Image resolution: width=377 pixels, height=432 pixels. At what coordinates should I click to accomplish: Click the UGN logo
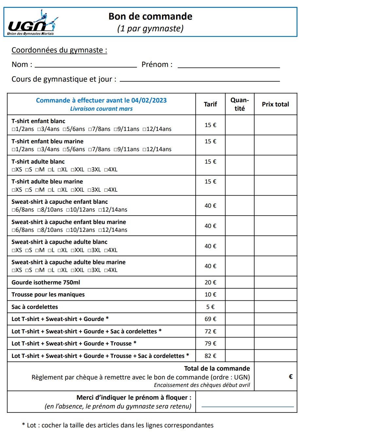tap(32, 23)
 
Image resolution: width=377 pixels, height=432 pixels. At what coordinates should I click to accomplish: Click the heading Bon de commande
tap(150, 16)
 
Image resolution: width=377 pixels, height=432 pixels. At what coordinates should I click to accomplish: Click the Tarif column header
tap(210, 104)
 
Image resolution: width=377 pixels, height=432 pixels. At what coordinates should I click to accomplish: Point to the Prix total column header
tap(275, 104)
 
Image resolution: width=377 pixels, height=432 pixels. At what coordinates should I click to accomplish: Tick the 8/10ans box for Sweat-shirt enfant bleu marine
tap(39, 230)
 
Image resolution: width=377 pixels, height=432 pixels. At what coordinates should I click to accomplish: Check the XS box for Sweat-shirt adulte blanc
tap(14, 250)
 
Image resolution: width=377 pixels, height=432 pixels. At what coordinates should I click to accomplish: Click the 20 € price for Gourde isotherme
tap(210, 282)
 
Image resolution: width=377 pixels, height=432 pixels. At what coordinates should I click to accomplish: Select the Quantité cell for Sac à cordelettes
tap(240, 307)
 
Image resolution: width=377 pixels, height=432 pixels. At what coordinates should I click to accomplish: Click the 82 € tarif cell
tap(210, 356)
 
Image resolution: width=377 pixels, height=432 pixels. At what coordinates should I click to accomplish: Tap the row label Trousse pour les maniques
tap(48, 295)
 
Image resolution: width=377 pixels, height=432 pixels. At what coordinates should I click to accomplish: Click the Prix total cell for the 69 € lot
tap(275, 319)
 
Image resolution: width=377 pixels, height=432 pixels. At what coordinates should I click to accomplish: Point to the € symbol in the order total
tap(291, 377)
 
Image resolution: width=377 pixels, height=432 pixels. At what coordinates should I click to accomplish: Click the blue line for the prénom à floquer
tap(247, 407)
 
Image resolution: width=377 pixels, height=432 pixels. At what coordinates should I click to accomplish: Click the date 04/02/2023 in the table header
tap(149, 100)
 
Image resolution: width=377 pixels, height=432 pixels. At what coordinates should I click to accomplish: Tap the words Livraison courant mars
tap(101, 109)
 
